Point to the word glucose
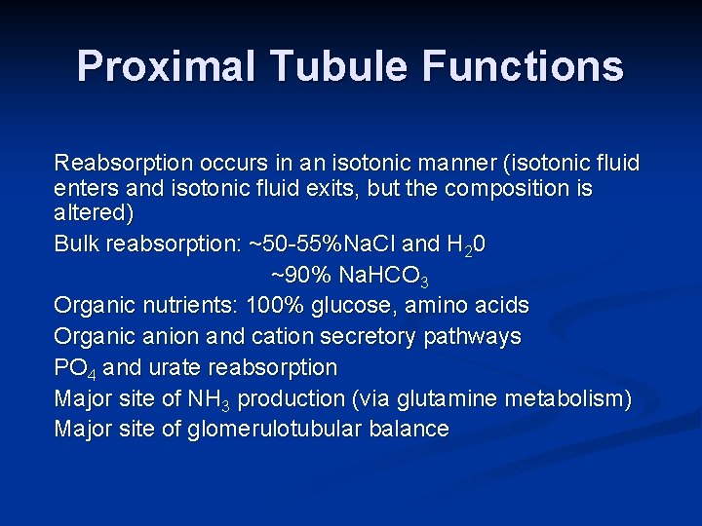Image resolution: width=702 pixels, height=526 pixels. coord(354,306)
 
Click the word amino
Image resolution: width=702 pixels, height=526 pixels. coord(439,306)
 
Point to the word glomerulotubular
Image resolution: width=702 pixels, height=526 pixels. coord(278,430)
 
